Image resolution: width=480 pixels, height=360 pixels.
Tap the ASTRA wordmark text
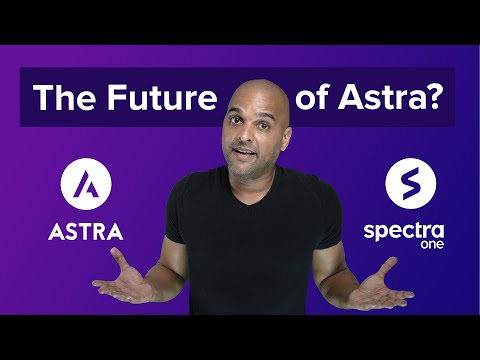(x=86, y=232)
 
